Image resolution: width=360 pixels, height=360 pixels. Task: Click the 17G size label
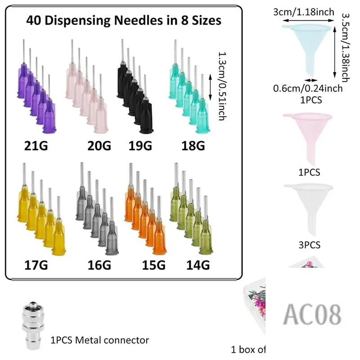pyautogui.click(x=36, y=265)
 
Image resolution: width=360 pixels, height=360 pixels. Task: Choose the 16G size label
pyautogui.click(x=98, y=265)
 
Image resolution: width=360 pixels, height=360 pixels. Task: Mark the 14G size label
pyautogui.click(x=198, y=265)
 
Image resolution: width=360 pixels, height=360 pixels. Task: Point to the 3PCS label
pyautogui.click(x=309, y=245)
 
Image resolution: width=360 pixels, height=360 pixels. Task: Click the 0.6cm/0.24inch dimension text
pyautogui.click(x=308, y=89)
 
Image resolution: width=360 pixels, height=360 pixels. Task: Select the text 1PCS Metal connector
pyautogui.click(x=99, y=340)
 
